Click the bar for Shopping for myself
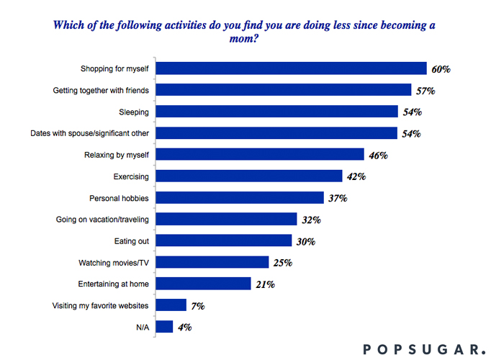click(x=292, y=68)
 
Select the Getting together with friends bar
click(x=284, y=90)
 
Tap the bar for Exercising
click(x=249, y=176)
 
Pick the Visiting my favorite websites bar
click(x=171, y=305)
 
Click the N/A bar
click(x=165, y=326)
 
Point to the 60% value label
click(x=441, y=69)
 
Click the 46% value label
click(x=379, y=155)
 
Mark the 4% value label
click(x=184, y=327)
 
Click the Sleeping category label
click(x=135, y=112)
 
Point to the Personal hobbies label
click(x=119, y=197)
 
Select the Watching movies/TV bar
click(x=212, y=262)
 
